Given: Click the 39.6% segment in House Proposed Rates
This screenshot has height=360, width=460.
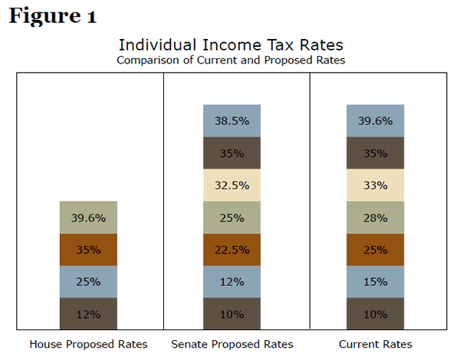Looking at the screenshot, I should click(88, 218).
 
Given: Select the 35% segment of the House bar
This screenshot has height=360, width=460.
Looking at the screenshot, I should click(88, 250).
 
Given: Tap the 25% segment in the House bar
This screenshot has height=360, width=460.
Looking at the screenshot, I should click(88, 282).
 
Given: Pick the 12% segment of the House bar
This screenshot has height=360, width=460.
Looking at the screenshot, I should click(88, 313).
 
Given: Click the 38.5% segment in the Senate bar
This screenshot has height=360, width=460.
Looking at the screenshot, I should click(232, 121).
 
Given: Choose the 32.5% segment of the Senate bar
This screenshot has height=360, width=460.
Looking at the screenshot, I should click(232, 185).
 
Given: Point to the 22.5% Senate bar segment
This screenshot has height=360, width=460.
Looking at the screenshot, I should click(232, 250).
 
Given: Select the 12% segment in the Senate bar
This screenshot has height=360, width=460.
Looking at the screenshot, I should click(232, 282).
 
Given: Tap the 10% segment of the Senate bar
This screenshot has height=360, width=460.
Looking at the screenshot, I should click(232, 313).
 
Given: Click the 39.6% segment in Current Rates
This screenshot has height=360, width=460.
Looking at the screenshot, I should click(376, 121).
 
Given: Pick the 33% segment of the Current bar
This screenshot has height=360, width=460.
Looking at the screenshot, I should click(376, 185).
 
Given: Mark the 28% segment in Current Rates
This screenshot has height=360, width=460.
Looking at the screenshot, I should click(376, 218).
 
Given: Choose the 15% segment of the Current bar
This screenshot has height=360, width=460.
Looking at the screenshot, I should click(376, 282).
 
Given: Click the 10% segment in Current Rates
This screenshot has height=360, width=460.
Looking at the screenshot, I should click(376, 313).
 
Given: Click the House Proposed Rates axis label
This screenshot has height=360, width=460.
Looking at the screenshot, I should click(88, 344).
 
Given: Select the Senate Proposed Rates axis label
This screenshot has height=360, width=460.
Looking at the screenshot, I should click(232, 344).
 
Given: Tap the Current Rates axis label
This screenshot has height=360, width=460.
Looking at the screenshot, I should click(376, 344).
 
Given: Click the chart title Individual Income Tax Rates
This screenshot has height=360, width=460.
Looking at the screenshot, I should click(231, 45).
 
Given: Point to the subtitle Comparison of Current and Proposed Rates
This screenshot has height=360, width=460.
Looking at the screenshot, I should click(231, 60).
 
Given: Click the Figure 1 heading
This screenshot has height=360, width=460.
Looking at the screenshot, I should click(53, 17).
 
